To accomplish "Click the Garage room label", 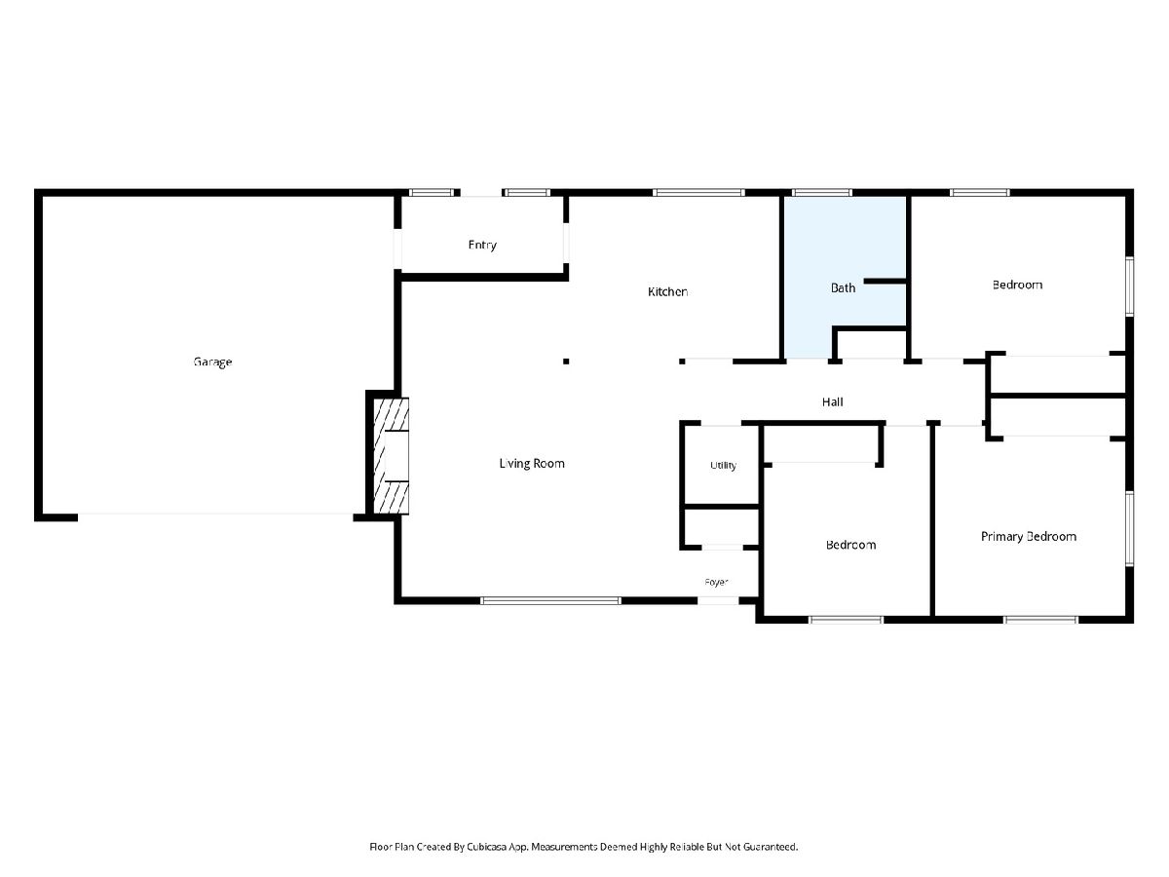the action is (x=212, y=362).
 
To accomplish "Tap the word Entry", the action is (x=482, y=245).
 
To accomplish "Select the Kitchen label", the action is (x=668, y=291).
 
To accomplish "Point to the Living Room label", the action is (x=532, y=463).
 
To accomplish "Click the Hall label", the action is (x=832, y=402).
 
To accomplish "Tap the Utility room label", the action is (x=723, y=466).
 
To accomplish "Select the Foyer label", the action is (x=716, y=582).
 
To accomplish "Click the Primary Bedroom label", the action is (x=1029, y=536).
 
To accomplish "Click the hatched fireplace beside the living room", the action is (x=391, y=456).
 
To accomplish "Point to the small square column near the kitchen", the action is (x=566, y=362).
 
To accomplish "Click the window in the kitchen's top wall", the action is (x=698, y=192).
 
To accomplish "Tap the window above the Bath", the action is (x=822, y=192).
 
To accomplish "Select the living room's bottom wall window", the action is (x=550, y=600).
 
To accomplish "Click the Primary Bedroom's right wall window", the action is (x=1129, y=529).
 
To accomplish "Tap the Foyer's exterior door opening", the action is (x=718, y=600).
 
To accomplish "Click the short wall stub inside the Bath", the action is (x=885, y=282).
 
